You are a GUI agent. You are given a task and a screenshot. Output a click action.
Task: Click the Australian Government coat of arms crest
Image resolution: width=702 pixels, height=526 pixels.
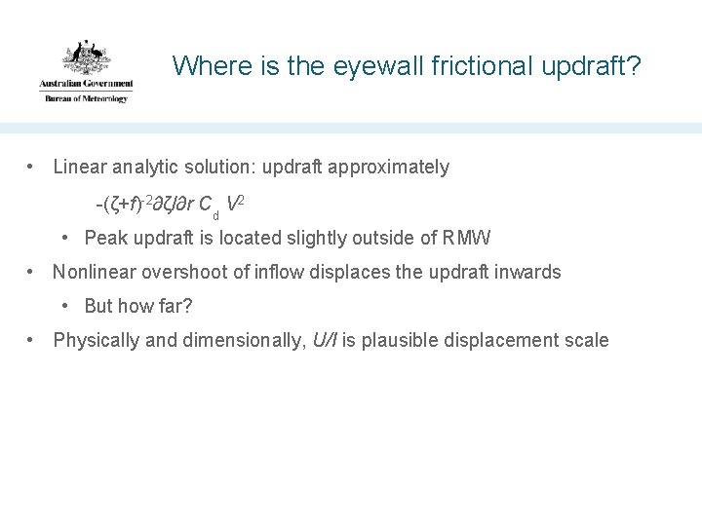pos(86,57)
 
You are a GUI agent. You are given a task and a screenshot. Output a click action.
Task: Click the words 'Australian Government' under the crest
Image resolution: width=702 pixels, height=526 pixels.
pos(86,86)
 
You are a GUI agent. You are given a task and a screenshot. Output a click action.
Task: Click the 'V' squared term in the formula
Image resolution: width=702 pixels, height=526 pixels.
pos(233,204)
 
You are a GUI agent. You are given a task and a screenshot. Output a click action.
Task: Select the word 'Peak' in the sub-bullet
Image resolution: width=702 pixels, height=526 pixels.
pos(104,237)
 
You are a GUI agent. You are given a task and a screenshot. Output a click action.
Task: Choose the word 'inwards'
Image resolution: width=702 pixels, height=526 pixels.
pos(530,272)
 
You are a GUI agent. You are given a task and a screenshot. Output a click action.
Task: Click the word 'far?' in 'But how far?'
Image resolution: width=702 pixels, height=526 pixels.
pos(175,306)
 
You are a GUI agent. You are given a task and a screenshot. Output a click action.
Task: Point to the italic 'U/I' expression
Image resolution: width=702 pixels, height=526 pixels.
pos(325,340)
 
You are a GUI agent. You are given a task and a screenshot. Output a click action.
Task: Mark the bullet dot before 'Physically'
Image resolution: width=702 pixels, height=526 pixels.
pos(33,340)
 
